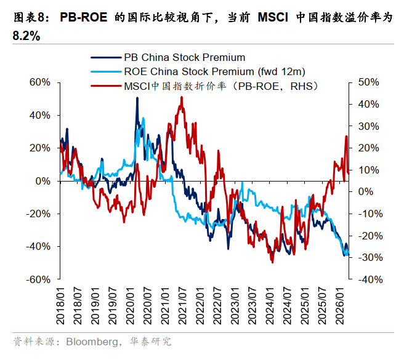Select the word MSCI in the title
click(x=270, y=18)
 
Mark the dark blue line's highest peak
click(x=137, y=98)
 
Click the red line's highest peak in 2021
click(x=181, y=97)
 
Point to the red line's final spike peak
click(x=346, y=137)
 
